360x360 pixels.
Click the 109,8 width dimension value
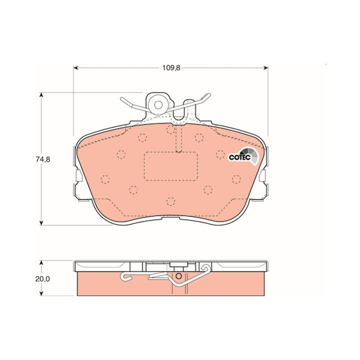(x=171, y=68)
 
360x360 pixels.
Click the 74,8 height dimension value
(x=43, y=159)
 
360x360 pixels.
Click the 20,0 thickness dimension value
(x=43, y=279)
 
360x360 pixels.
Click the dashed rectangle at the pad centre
(x=171, y=166)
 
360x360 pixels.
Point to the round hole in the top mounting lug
(x=158, y=105)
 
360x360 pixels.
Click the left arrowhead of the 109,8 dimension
(x=76, y=68)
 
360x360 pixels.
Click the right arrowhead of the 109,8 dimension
(x=265, y=68)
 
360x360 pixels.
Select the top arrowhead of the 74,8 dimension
(x=41, y=95)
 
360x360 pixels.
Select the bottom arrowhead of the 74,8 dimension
(x=41, y=222)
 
